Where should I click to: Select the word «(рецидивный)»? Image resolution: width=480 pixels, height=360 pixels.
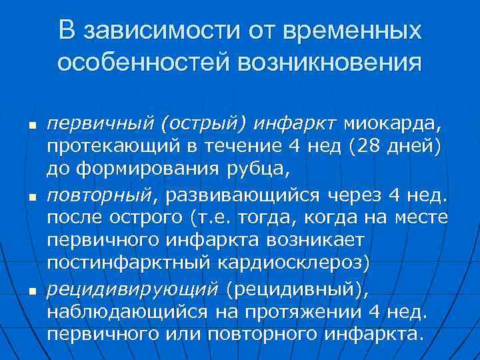(x=297, y=289)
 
